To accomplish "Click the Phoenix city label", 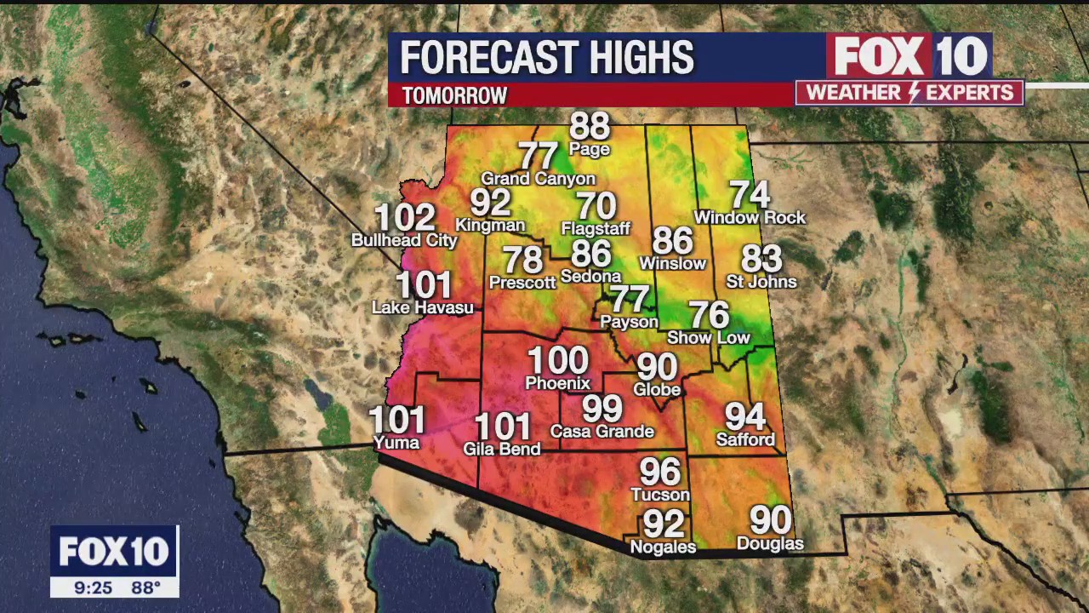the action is [557, 383].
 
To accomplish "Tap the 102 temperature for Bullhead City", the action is [405, 218].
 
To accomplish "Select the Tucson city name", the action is [659, 495].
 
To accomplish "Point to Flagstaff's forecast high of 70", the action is [596, 206].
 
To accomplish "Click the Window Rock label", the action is [750, 218].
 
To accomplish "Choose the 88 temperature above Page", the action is [590, 126].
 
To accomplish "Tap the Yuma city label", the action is [396, 443].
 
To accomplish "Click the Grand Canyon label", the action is [538, 179].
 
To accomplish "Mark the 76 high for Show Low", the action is [709, 315].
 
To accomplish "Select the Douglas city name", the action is [769, 543].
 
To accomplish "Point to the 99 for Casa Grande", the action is [602, 409].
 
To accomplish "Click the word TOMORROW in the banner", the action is [454, 95].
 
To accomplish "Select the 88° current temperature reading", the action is [145, 587].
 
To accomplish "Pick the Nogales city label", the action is [663, 547].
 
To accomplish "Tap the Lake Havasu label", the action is [422, 307].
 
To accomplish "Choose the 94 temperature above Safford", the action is [745, 416].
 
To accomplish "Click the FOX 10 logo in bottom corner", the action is [114, 552].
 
